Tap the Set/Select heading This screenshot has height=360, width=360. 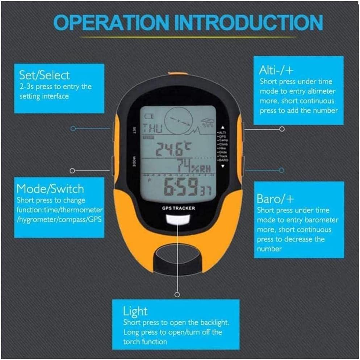point(44,75)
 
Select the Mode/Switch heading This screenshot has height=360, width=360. point(50,189)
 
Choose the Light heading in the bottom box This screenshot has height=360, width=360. point(135,311)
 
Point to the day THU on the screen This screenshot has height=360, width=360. point(152,129)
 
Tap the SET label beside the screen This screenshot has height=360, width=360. point(134,130)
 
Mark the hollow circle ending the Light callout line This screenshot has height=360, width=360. point(177,294)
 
